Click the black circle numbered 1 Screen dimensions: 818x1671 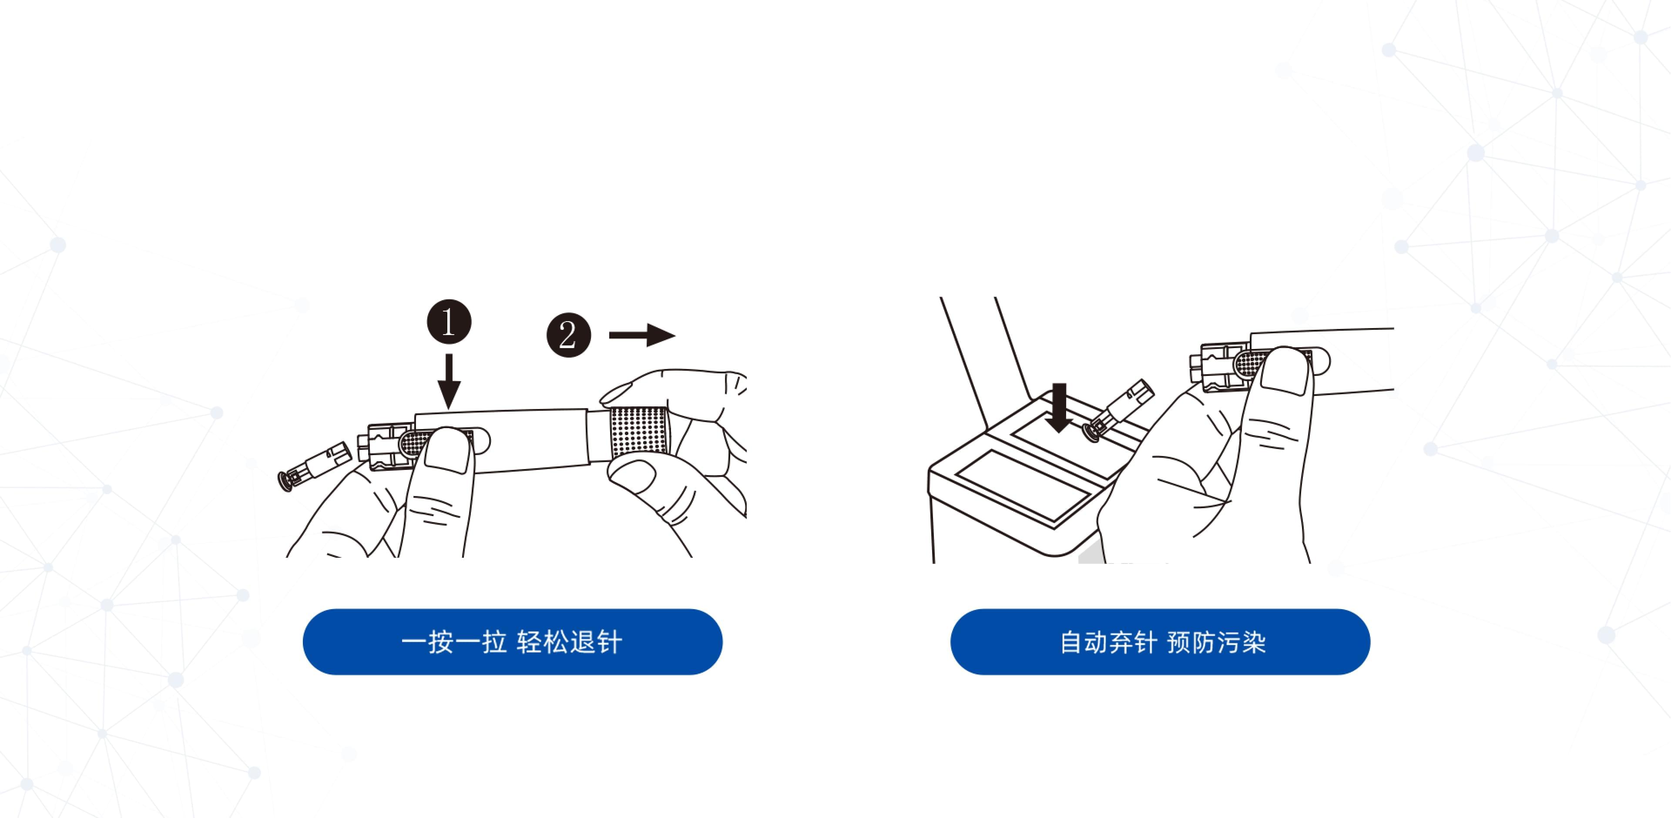[x=449, y=322]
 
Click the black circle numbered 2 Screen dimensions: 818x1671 [x=568, y=335]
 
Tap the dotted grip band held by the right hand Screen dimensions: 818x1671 [x=638, y=431]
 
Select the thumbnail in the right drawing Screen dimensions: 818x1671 [x=1285, y=372]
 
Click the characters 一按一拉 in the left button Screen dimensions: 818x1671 [x=453, y=642]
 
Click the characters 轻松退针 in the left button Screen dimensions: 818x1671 [x=570, y=642]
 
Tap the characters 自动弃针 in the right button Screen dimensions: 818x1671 [x=1107, y=642]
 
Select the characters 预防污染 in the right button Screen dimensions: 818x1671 [x=1216, y=642]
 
